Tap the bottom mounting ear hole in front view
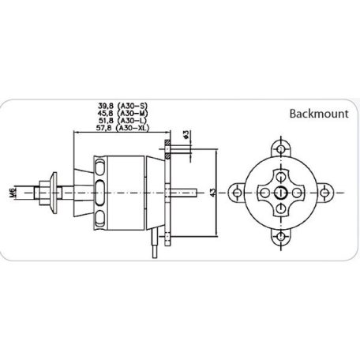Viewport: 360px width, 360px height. pyautogui.click(x=281, y=234)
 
